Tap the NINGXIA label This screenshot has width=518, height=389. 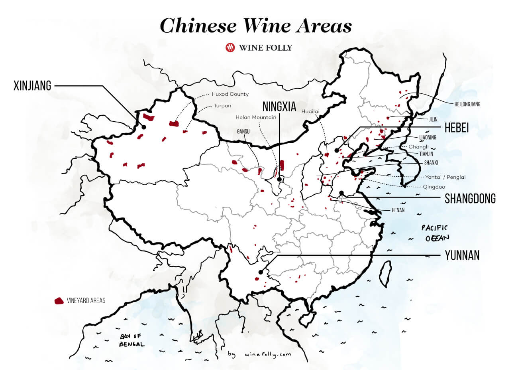279,107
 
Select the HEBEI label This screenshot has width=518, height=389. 457,127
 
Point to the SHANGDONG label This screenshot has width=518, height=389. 470,198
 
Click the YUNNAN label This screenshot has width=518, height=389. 462,255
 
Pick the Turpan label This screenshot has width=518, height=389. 222,106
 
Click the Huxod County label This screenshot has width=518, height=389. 230,94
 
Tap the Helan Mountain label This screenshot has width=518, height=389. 256,117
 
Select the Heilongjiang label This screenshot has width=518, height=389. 467,104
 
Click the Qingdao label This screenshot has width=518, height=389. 434,187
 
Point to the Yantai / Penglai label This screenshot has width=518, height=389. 445,177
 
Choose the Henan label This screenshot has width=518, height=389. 398,210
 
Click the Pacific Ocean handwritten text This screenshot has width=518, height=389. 435,233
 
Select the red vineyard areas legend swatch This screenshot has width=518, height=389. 59,300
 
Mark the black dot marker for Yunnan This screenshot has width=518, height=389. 260,272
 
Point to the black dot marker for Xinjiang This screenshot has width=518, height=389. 143,127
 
